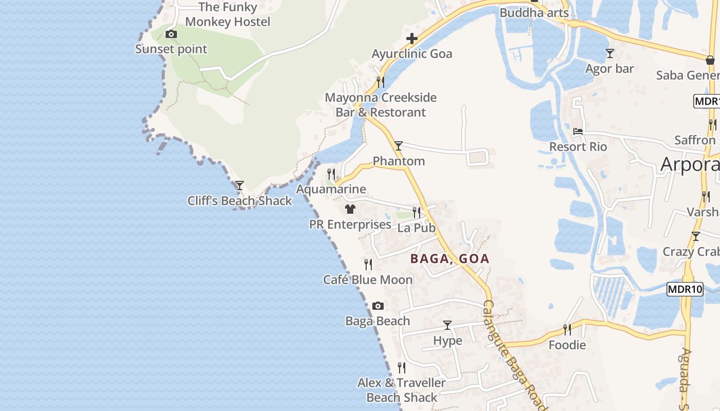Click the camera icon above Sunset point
pyautogui.click(x=171, y=34)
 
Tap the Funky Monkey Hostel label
pyautogui.click(x=227, y=14)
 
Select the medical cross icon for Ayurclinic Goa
pyautogui.click(x=412, y=39)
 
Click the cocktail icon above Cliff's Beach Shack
pyautogui.click(x=239, y=185)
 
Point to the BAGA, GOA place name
pyautogui.click(x=449, y=259)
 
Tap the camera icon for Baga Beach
pyautogui.click(x=378, y=306)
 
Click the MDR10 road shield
pyautogui.click(x=685, y=289)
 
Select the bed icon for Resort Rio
pyautogui.click(x=578, y=132)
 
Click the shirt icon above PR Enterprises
pyautogui.click(x=350, y=209)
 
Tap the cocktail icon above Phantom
pyautogui.click(x=399, y=146)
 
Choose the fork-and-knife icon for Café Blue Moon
pyautogui.click(x=368, y=265)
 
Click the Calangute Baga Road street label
pyautogui.click(x=514, y=354)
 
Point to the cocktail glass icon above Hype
pyautogui.click(x=447, y=325)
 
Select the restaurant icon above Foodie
pyautogui.click(x=567, y=329)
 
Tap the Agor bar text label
pyautogui.click(x=609, y=69)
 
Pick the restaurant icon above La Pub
pyautogui.click(x=417, y=212)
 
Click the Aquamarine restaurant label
pyautogui.click(x=331, y=189)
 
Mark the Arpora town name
pyautogui.click(x=689, y=164)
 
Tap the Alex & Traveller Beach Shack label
pyautogui.click(x=402, y=390)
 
